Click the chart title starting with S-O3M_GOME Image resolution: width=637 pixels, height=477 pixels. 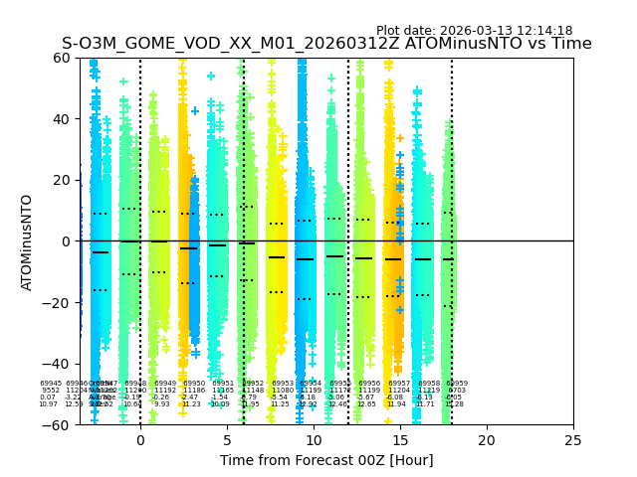pyautogui.click(x=326, y=44)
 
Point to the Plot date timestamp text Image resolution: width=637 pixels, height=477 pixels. pyautogui.click(x=474, y=31)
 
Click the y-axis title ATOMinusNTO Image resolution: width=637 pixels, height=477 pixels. pyautogui.click(x=28, y=241)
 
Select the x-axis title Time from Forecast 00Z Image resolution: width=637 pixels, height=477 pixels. pyautogui.click(x=326, y=460)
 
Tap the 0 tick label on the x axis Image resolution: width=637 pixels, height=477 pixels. pyautogui.click(x=140, y=440)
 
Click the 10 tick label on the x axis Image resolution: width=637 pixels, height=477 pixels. pyautogui.click(x=314, y=440)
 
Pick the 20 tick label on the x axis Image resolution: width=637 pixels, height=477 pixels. pyautogui.click(x=487, y=440)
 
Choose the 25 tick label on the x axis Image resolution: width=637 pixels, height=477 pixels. pyautogui.click(x=573, y=440)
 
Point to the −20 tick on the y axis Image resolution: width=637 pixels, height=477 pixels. pyautogui.click(x=61, y=302)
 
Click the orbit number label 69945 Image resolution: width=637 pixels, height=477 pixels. pyautogui.click(x=51, y=384)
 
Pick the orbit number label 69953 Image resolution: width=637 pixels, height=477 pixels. pyautogui.click(x=283, y=384)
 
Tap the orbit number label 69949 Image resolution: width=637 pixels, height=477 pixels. pyautogui.click(x=165, y=384)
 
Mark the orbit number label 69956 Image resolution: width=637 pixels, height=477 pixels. pyautogui.click(x=369, y=384)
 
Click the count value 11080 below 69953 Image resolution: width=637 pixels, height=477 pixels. pyautogui.click(x=283, y=391)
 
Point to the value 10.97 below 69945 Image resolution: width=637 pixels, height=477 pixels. pyautogui.click(x=48, y=404)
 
